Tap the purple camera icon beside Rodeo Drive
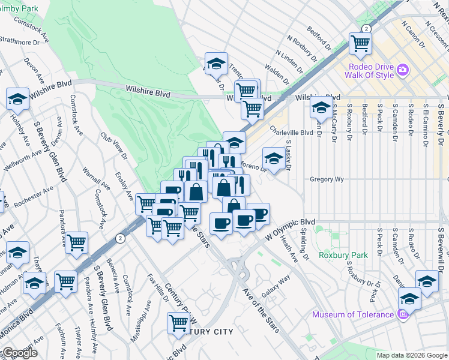tap(402, 70)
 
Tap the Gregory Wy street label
tap(326, 179)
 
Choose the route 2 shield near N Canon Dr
tap(365, 28)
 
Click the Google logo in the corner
tap(20, 353)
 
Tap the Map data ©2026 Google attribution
tap(411, 355)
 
